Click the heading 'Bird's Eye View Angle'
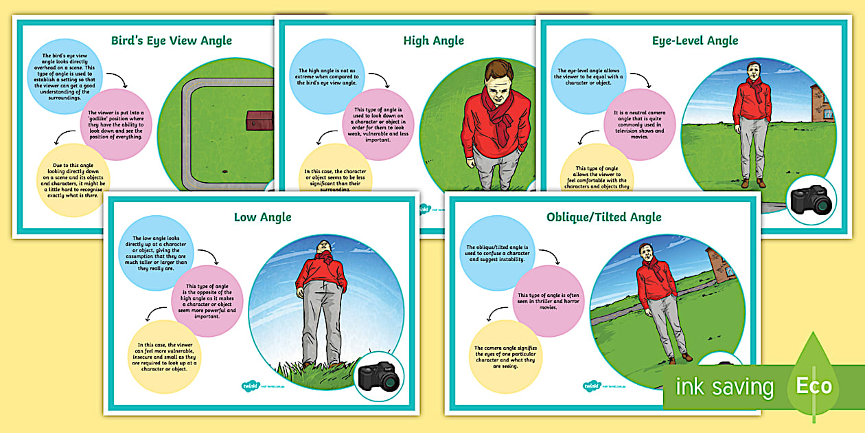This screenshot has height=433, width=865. (x=172, y=41)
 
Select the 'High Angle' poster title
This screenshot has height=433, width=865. (x=433, y=41)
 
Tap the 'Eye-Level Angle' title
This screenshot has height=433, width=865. (x=695, y=41)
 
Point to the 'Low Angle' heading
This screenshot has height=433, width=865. (x=262, y=217)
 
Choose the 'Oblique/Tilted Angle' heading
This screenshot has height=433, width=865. (x=604, y=217)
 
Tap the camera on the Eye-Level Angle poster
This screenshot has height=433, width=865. (x=811, y=200)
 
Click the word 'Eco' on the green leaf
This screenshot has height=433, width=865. (x=814, y=386)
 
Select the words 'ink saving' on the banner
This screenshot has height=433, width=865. (x=724, y=387)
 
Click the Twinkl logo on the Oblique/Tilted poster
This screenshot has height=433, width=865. (x=592, y=386)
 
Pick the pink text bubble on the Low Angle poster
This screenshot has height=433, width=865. (x=205, y=301)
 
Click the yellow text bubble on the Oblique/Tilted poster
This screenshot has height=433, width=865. (x=505, y=357)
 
